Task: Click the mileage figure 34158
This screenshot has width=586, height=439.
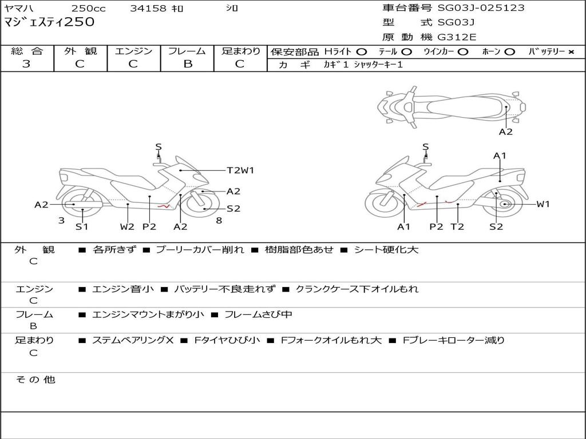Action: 148,9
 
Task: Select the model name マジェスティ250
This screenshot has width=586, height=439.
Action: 49,22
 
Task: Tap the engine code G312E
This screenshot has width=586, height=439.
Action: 457,37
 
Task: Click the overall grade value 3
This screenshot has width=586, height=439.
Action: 26,64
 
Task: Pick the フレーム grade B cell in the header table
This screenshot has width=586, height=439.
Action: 187,64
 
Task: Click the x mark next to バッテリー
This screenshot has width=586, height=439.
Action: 571,52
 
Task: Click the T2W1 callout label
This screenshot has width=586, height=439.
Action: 240,170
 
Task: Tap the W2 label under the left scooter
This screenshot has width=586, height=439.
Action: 127,226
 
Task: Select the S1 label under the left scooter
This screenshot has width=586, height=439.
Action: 82,226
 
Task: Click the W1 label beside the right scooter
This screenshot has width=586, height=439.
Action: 543,204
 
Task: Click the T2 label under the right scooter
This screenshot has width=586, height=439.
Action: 457,226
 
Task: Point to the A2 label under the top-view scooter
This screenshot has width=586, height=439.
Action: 505,132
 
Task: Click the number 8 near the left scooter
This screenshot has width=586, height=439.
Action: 219,220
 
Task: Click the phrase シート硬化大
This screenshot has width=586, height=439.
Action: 386,250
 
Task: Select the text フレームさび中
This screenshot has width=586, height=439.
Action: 258,314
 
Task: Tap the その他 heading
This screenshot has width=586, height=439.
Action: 35,379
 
